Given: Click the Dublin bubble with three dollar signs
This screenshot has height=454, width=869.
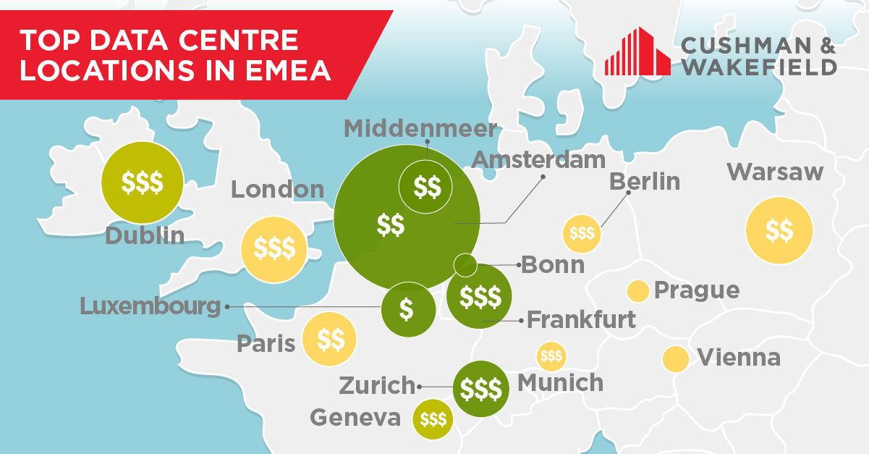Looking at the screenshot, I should click(142, 182).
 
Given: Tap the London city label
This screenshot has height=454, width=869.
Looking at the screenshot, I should click(277, 190).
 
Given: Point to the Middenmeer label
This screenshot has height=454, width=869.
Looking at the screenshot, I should click(420, 129).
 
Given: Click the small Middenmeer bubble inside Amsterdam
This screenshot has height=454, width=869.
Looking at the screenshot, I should click(425, 188).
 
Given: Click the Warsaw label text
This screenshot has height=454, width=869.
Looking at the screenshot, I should click(775, 172).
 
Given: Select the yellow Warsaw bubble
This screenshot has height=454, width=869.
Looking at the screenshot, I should click(779, 232).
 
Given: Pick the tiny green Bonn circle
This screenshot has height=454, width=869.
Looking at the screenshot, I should click(465, 265).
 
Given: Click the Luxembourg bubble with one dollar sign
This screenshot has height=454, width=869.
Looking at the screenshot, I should click(407, 309).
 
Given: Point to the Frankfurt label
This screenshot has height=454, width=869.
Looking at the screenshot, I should click(581, 319).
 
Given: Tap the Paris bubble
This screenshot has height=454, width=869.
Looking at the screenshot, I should click(330, 338).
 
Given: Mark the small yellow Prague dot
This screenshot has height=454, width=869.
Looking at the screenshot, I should click(637, 291).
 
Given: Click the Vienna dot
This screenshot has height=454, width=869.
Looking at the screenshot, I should click(675, 358).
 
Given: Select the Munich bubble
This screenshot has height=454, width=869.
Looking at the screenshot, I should click(551, 356).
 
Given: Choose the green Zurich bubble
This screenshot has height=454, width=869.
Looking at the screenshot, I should click(480, 389).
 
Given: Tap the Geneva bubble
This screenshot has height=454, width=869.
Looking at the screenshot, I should click(433, 419).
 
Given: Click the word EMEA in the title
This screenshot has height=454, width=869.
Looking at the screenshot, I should click(284, 71).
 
